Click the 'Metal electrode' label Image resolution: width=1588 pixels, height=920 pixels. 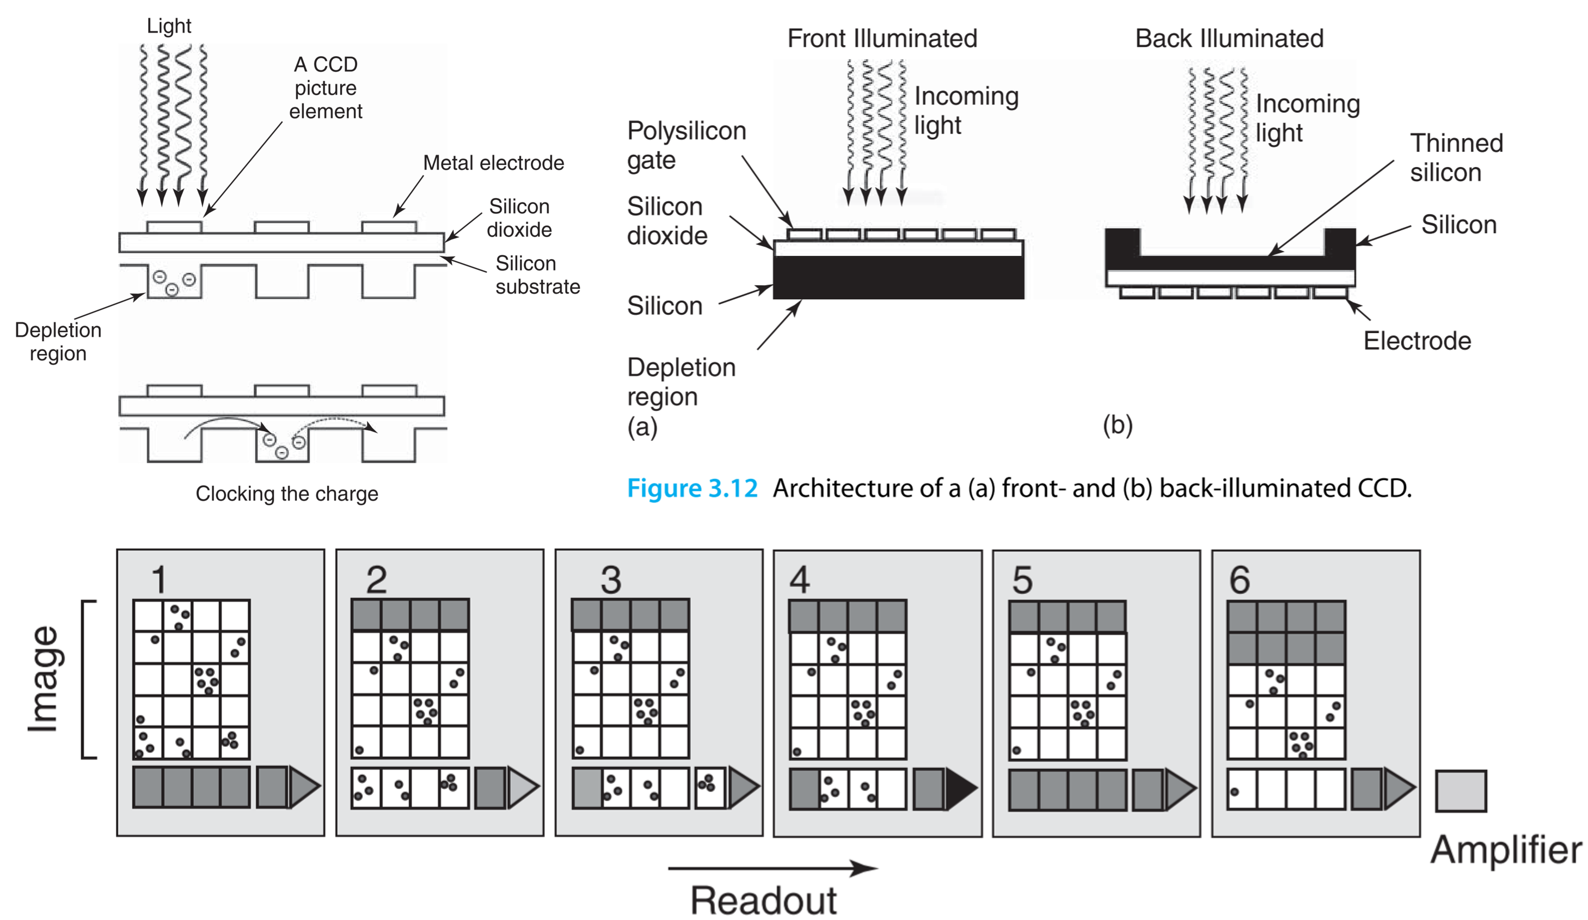click(x=493, y=163)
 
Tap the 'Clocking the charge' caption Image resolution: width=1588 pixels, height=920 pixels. click(x=287, y=493)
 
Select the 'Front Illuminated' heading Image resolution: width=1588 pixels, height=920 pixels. click(x=882, y=39)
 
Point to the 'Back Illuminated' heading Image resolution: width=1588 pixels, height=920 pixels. click(x=1229, y=39)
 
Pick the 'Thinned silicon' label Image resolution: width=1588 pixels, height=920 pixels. click(x=1456, y=157)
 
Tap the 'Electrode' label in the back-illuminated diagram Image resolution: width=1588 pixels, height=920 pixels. click(x=1417, y=341)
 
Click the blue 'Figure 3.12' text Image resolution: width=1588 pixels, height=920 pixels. click(x=692, y=488)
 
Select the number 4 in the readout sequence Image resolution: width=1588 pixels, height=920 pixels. click(x=800, y=579)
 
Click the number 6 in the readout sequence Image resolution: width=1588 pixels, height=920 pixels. click(x=1240, y=579)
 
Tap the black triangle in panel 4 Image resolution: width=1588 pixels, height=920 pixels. click(x=960, y=788)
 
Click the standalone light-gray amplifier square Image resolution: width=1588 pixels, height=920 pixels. click(x=1461, y=791)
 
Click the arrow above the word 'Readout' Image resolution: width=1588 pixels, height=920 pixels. click(x=772, y=868)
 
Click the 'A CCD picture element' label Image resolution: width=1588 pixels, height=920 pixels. click(x=325, y=88)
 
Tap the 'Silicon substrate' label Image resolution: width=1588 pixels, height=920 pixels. click(x=537, y=275)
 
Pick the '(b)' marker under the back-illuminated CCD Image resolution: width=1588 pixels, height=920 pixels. click(x=1117, y=425)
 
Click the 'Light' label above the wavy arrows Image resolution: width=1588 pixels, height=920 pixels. click(x=169, y=26)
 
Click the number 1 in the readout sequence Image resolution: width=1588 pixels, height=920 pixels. click(x=159, y=579)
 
